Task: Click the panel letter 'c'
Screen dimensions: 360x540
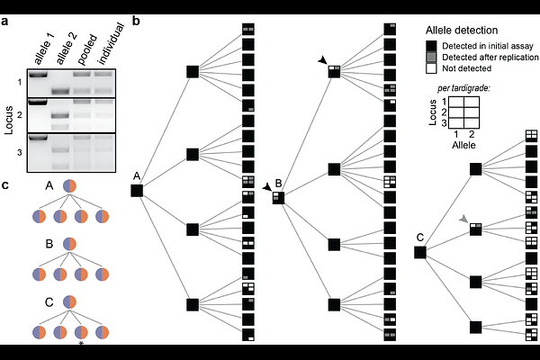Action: pos(5,185)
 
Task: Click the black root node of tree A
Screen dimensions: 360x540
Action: pos(137,190)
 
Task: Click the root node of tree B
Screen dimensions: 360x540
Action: pos(279,198)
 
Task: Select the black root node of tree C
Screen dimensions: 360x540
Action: pos(420,253)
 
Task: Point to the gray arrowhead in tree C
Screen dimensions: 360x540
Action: pos(463,219)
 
